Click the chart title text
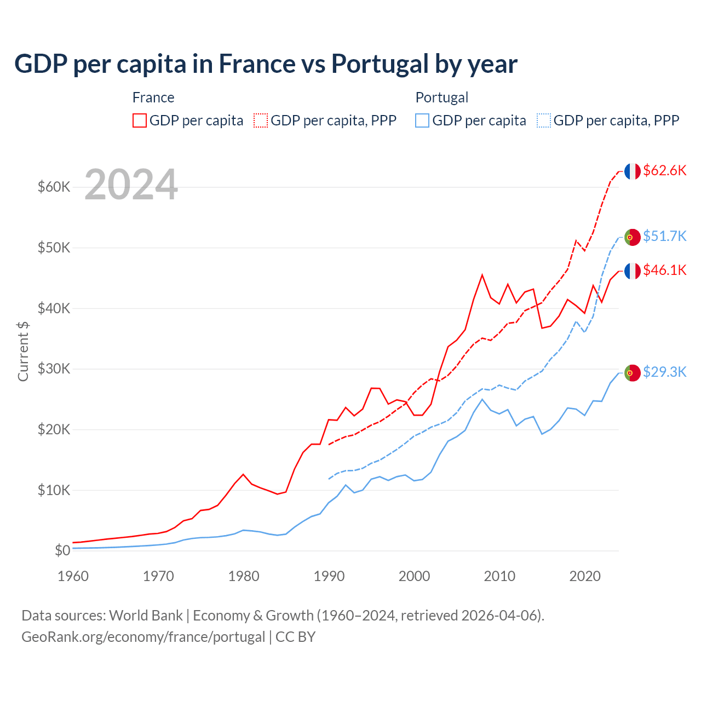point(266,64)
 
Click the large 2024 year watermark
point(131,185)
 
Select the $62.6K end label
point(664,170)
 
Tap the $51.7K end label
point(664,236)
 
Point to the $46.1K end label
point(664,270)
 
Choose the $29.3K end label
point(664,372)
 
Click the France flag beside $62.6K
point(633,171)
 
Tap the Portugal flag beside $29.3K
point(633,373)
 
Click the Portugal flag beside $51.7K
point(633,237)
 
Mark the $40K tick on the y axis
point(54,308)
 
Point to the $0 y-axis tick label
point(62,550)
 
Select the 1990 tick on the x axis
point(329,576)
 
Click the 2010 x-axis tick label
point(499,576)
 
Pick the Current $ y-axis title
point(23,351)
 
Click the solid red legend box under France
point(140,120)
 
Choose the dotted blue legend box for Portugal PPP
point(544,120)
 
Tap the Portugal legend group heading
point(441,97)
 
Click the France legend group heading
point(153,97)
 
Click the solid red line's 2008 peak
point(482,275)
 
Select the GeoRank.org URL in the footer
point(143,637)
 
